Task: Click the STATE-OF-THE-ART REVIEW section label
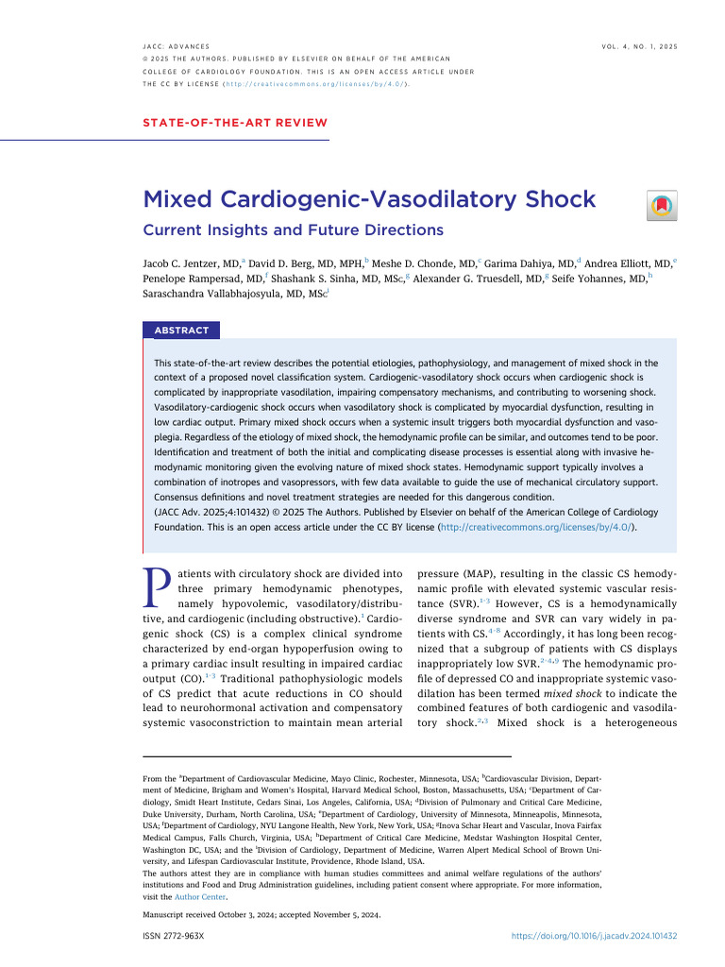click(x=235, y=123)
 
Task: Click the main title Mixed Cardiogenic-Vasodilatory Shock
click(x=369, y=199)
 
